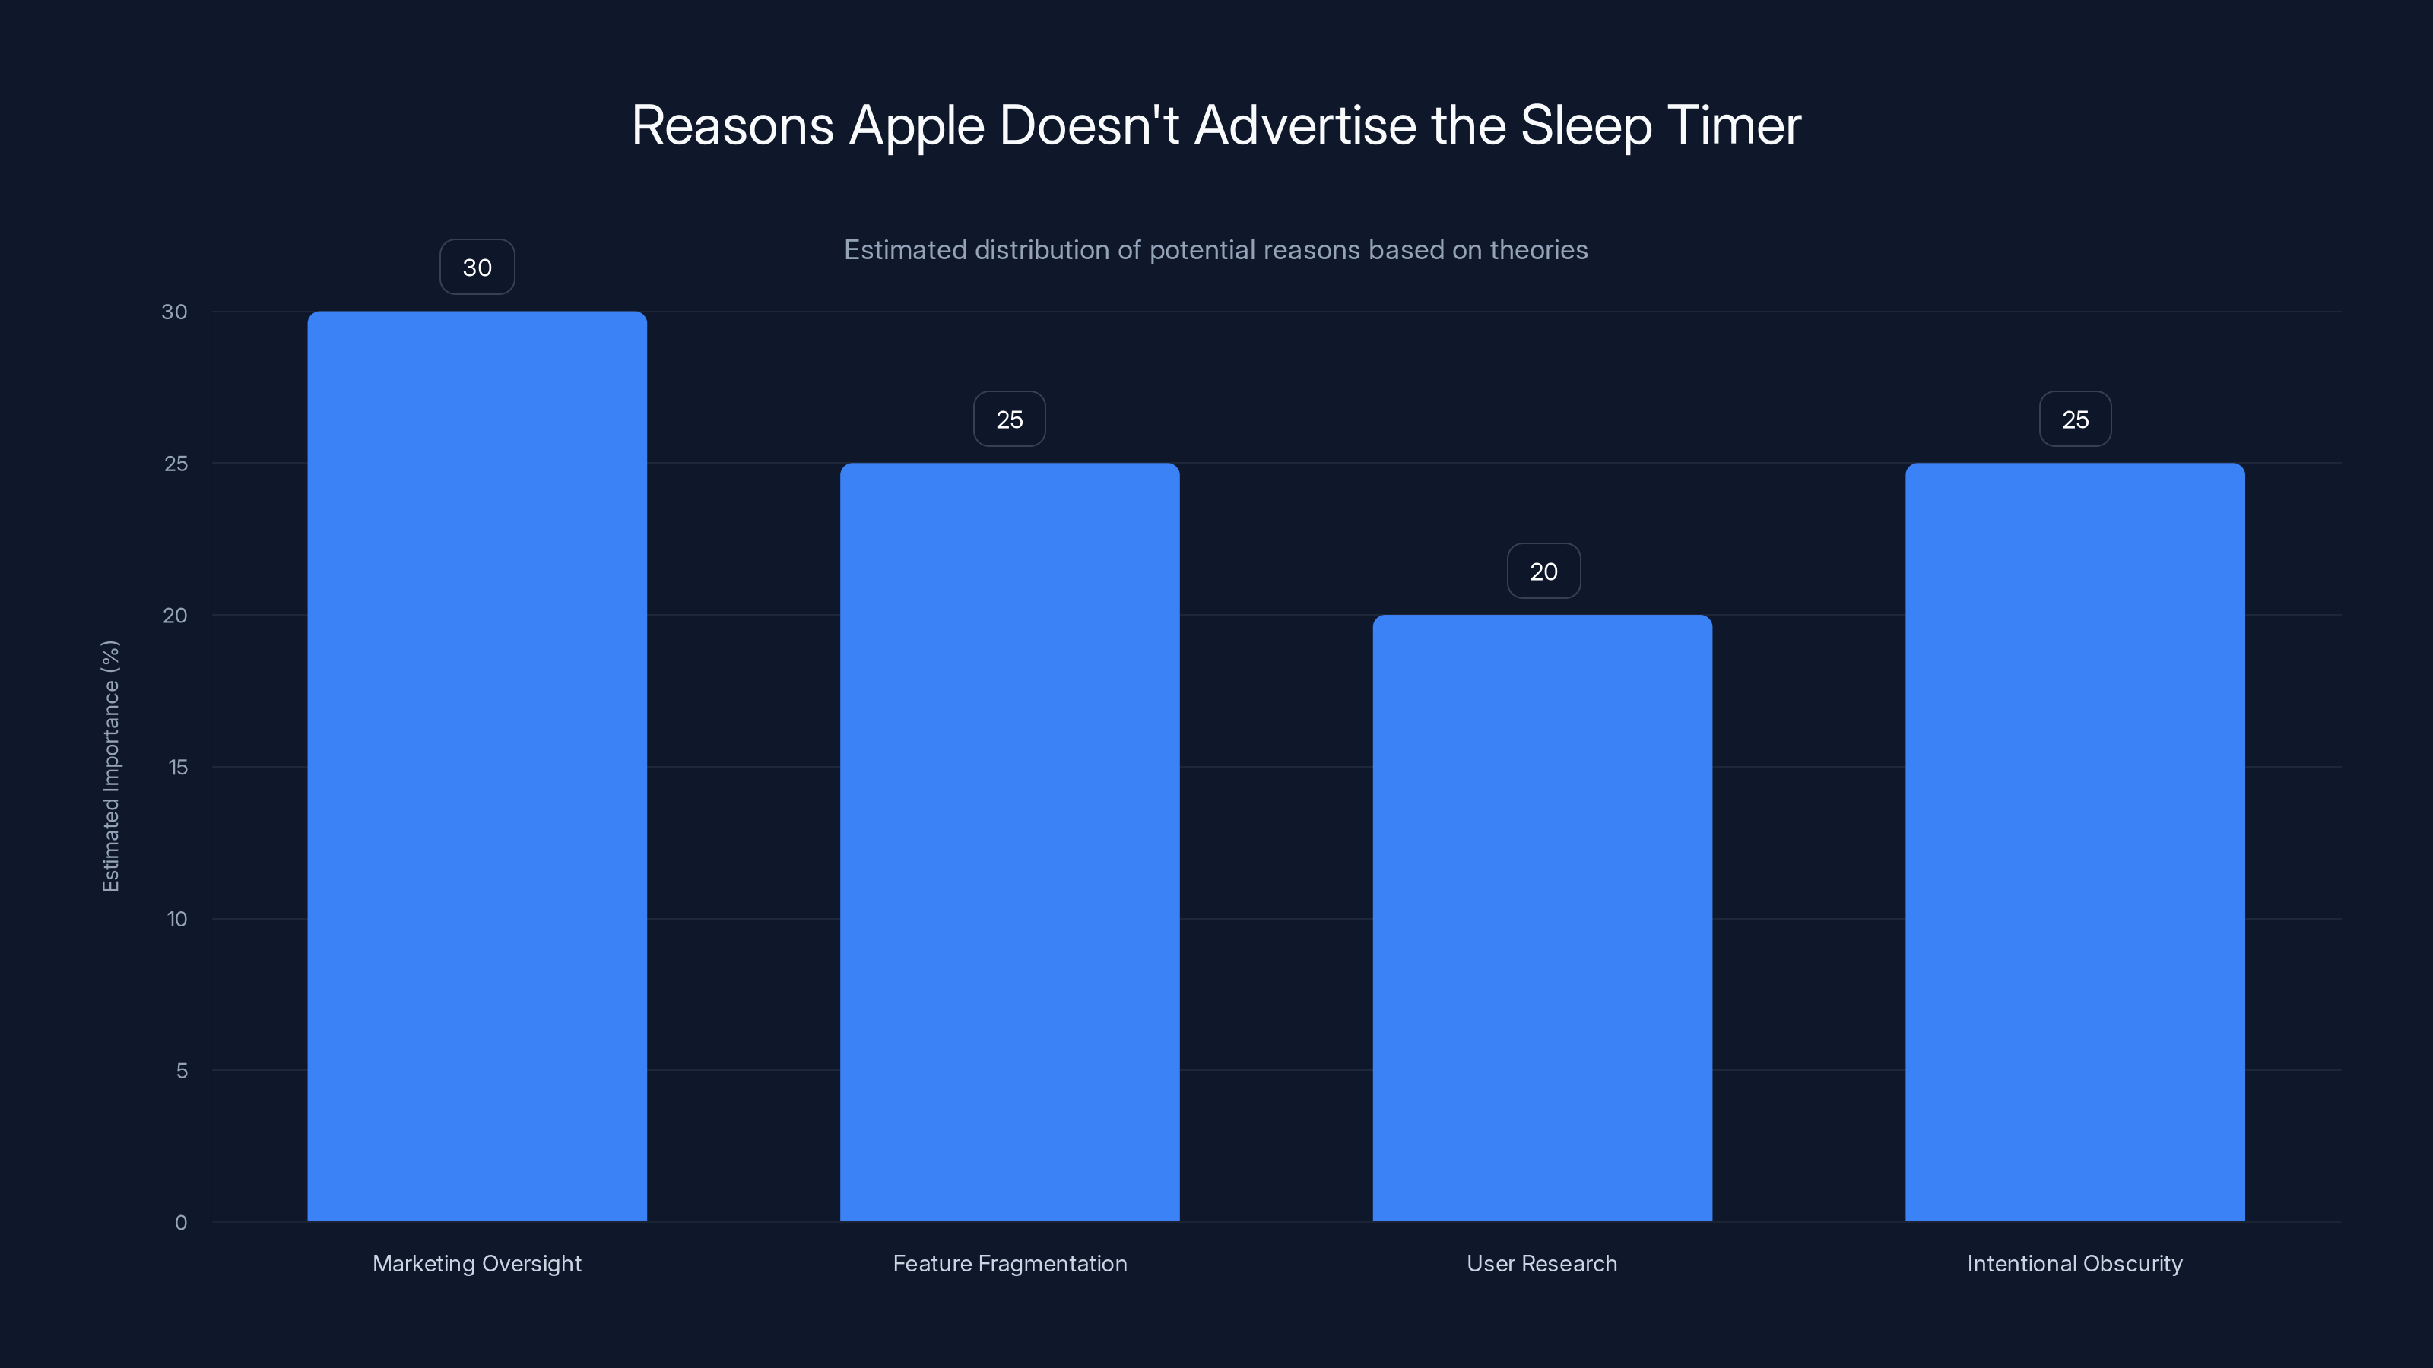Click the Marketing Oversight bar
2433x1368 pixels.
tap(477, 765)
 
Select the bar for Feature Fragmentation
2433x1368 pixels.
tap(1010, 841)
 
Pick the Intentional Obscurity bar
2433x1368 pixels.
tap(2075, 841)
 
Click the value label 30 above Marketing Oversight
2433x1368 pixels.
tap(477, 268)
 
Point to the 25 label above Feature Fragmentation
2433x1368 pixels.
tap(1010, 420)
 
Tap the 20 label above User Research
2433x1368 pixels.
tap(1543, 572)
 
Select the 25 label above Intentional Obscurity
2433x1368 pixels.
tap(2075, 420)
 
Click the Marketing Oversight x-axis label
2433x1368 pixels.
tap(477, 1263)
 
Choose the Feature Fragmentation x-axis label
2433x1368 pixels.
tap(1010, 1263)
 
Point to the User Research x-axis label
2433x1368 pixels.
tap(1543, 1263)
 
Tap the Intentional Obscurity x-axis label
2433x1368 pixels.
tap(2075, 1263)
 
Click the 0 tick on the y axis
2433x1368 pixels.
tap(180, 1223)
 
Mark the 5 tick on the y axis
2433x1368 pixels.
tap(182, 1071)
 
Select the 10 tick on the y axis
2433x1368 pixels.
tap(176, 919)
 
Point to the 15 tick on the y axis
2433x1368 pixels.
tap(178, 767)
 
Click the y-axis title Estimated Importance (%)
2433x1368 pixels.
tap(110, 765)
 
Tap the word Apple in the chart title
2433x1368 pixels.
tap(916, 125)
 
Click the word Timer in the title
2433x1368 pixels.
tap(1734, 125)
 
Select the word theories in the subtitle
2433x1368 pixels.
tap(1539, 250)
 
